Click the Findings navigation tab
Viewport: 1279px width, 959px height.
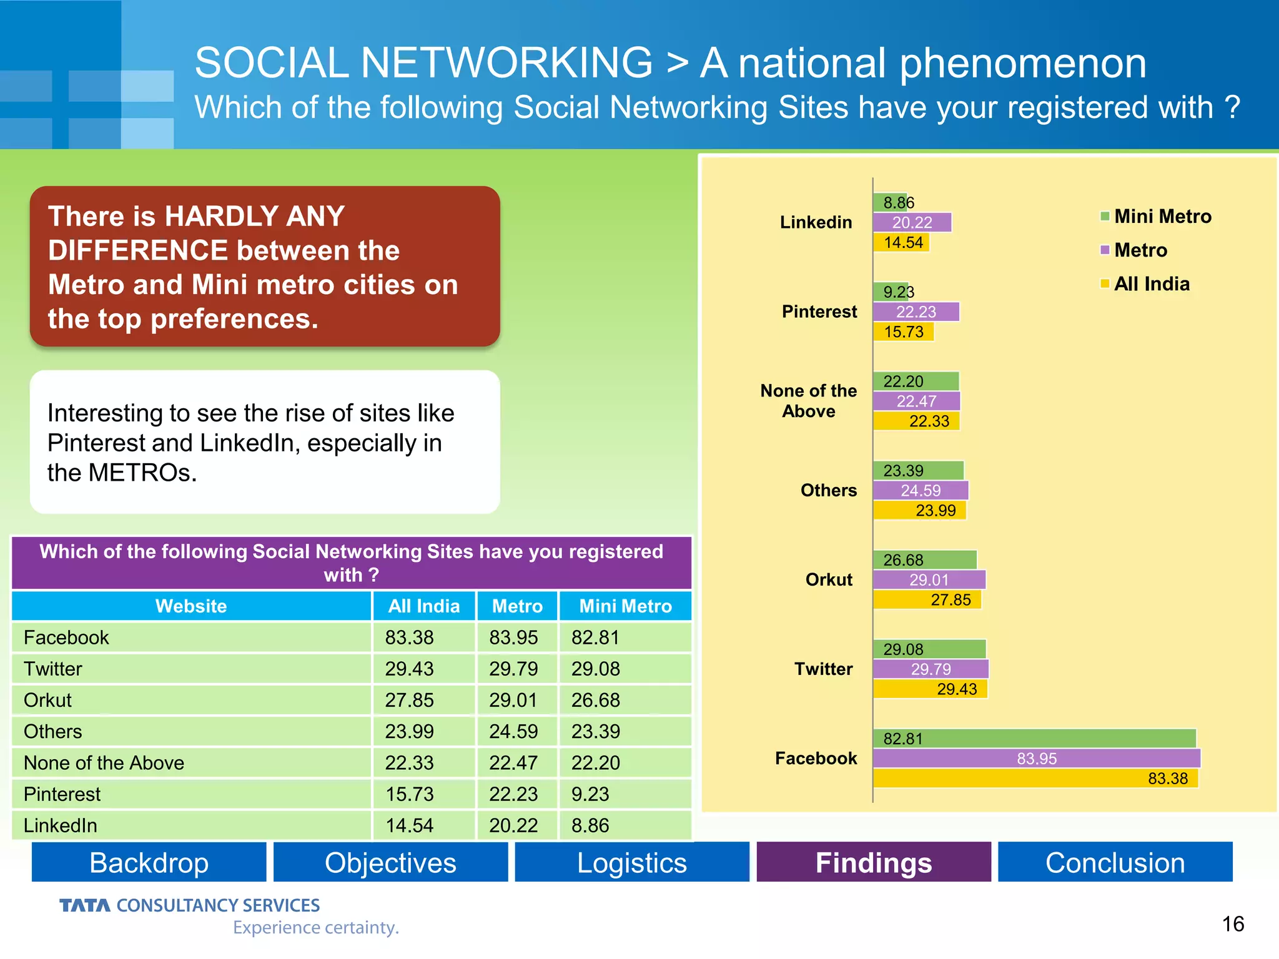pos(873,862)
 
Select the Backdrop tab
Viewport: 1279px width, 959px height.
pos(149,862)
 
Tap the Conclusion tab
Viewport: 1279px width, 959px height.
pos(1115,862)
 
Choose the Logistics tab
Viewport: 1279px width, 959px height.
pos(631,862)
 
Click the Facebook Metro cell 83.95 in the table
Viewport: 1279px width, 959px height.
pos(513,637)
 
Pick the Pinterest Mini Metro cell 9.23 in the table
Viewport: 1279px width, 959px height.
pos(590,794)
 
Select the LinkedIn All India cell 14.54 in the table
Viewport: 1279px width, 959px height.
pos(409,825)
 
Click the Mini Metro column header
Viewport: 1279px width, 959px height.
pos(625,606)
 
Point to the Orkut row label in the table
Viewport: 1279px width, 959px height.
pos(48,700)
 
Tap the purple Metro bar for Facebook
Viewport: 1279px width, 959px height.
pos(1037,759)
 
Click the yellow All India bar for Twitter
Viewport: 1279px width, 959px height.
pos(930,689)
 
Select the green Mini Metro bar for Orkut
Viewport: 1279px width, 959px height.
pos(925,560)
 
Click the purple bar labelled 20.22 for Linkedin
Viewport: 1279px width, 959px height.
pos(912,222)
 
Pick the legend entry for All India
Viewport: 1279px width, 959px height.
pos(1151,284)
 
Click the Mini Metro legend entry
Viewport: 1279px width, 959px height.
pos(1162,217)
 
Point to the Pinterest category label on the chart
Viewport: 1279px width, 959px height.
pos(819,312)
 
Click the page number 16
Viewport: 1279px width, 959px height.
pos(1232,923)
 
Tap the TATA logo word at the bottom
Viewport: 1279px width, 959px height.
pos(84,905)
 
